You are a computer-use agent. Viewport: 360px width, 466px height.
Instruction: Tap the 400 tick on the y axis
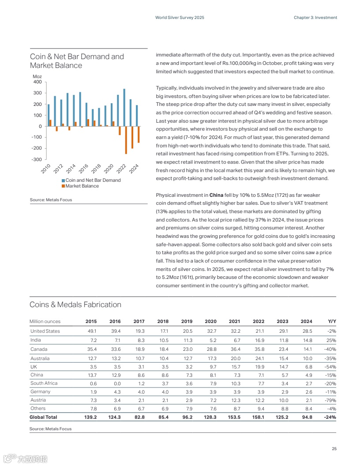[x=37, y=82]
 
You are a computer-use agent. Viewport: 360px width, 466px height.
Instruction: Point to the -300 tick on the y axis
[x=36, y=159]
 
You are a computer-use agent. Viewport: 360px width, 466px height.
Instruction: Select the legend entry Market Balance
[x=82, y=186]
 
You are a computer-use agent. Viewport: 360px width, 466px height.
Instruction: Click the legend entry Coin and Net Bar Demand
[x=93, y=180]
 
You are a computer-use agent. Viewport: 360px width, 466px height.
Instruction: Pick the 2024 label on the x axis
[x=134, y=168]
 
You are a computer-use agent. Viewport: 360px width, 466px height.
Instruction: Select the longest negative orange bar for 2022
[x=126, y=140]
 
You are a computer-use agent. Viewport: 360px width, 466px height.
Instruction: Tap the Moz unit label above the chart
[x=37, y=77]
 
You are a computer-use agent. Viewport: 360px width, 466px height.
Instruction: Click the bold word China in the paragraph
[x=216, y=195]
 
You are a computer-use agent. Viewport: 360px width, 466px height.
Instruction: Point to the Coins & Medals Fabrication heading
[x=75, y=304]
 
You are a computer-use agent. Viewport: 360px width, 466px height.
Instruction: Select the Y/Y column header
[x=332, y=321]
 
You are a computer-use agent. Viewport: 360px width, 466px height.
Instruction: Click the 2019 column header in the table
[x=187, y=321]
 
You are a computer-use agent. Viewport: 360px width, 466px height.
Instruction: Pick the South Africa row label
[x=44, y=383]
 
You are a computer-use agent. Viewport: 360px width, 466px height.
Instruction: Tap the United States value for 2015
[x=91, y=331]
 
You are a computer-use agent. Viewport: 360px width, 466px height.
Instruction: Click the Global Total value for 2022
[x=258, y=417]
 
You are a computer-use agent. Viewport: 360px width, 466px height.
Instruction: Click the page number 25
[x=334, y=449]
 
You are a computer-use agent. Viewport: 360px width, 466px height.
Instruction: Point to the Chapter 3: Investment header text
[x=315, y=18]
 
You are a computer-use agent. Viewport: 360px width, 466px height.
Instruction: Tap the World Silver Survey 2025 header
[x=180, y=18]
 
